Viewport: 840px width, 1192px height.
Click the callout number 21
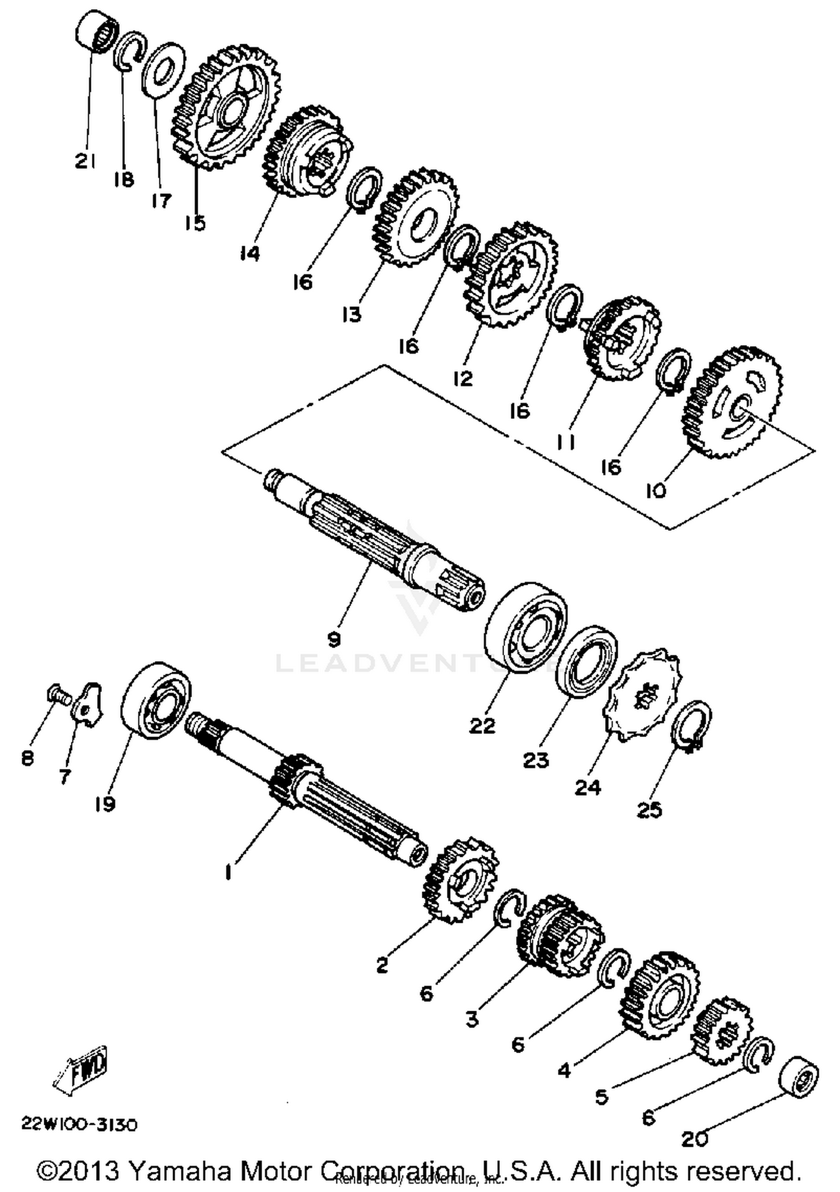(85, 161)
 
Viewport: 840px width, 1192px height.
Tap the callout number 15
(195, 223)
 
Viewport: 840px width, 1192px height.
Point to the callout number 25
(649, 810)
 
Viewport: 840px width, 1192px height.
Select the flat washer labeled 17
(164, 70)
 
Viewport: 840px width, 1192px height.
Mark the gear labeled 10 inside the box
(733, 402)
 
